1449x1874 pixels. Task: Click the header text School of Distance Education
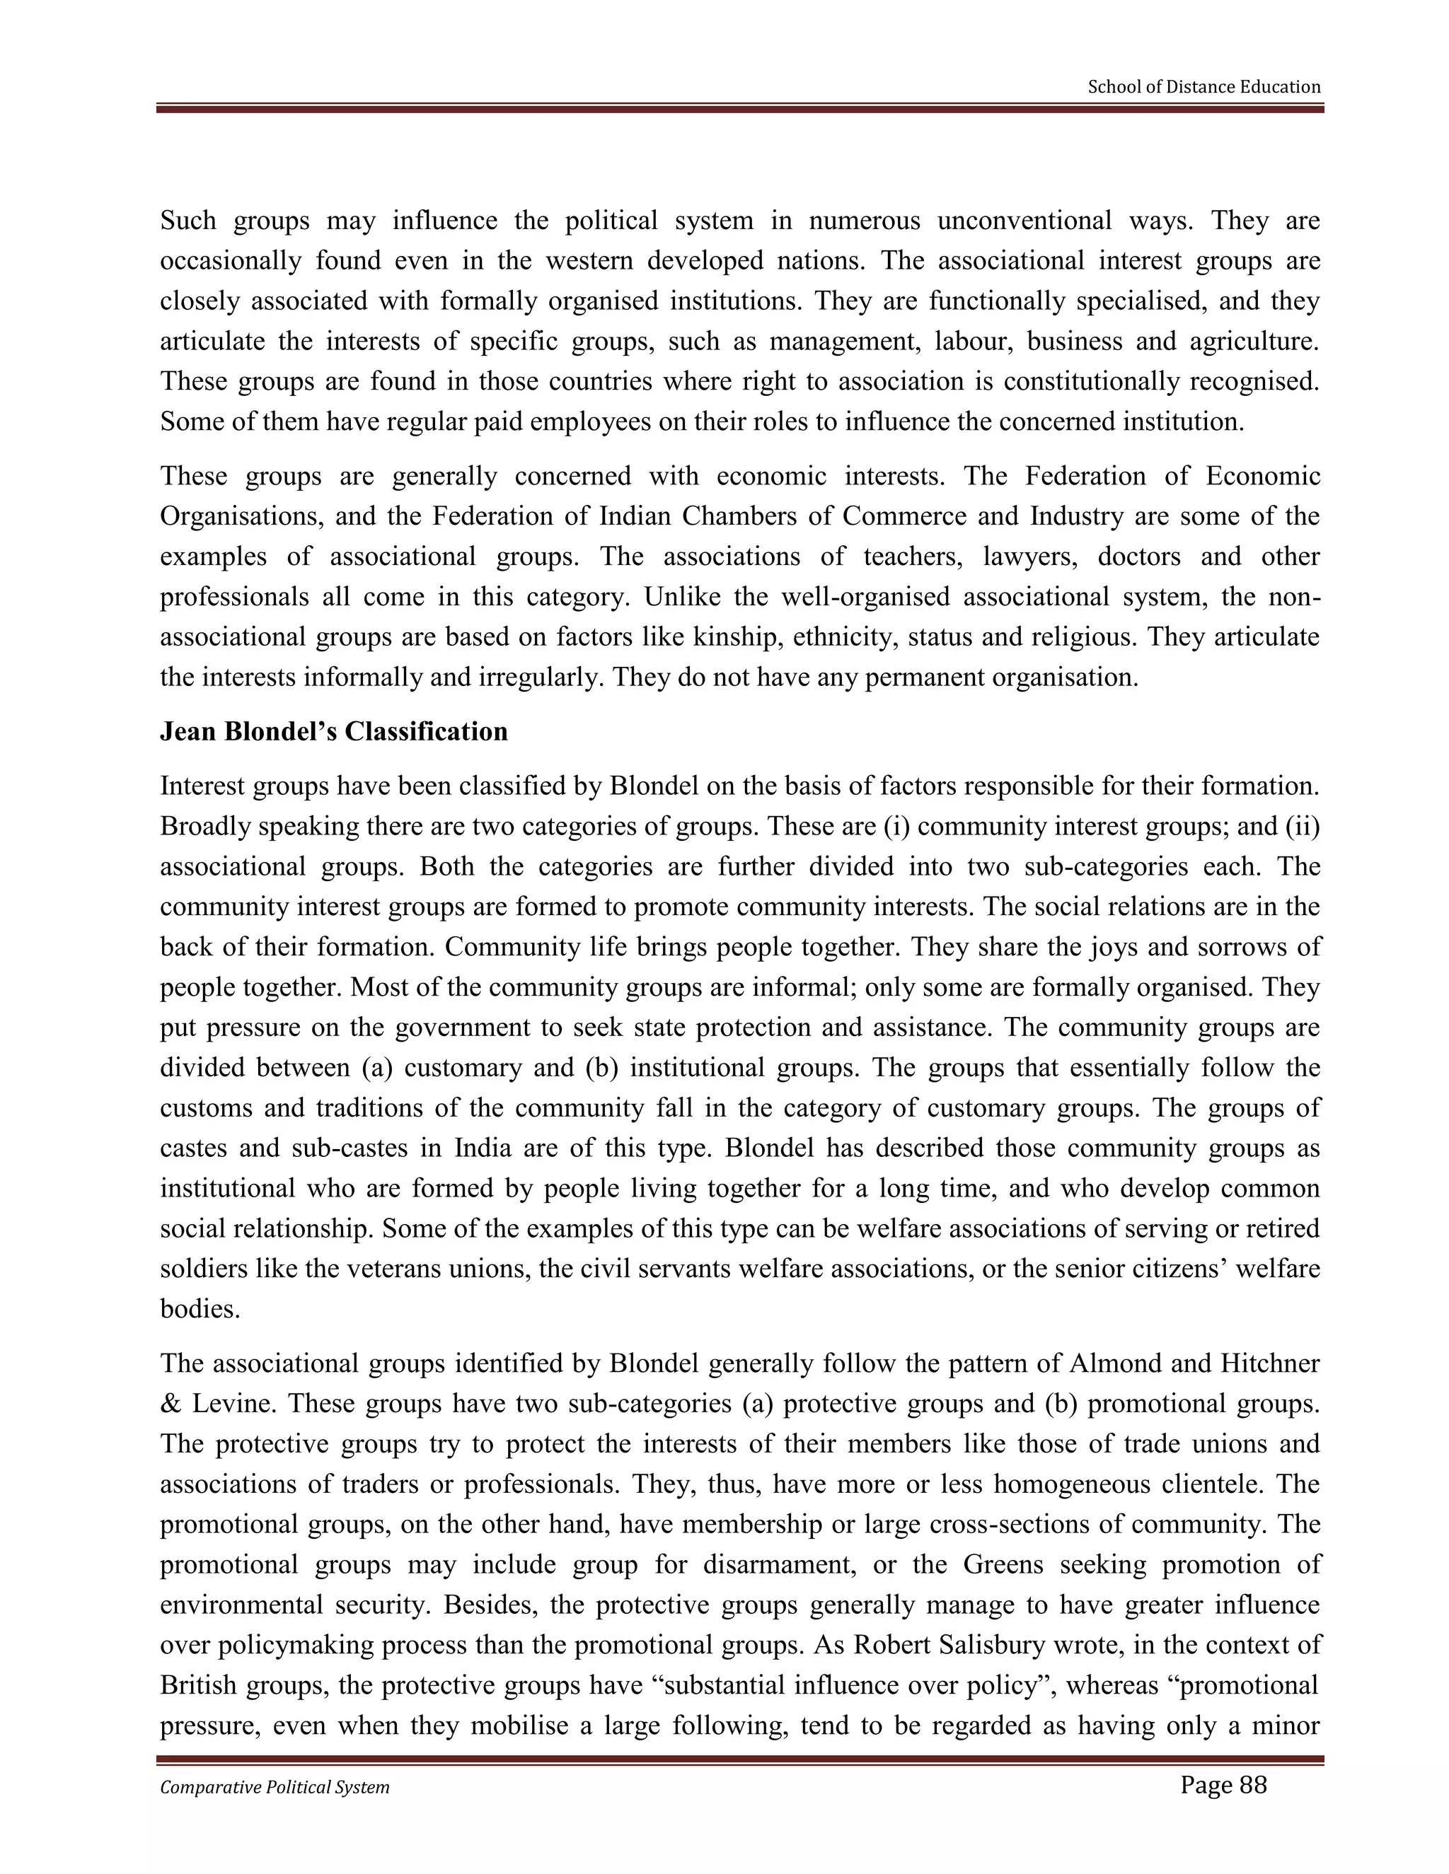[1203, 87]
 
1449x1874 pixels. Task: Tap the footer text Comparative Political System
[275, 1787]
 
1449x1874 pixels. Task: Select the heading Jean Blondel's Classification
[334, 732]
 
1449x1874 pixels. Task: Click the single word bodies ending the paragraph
[199, 1310]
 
